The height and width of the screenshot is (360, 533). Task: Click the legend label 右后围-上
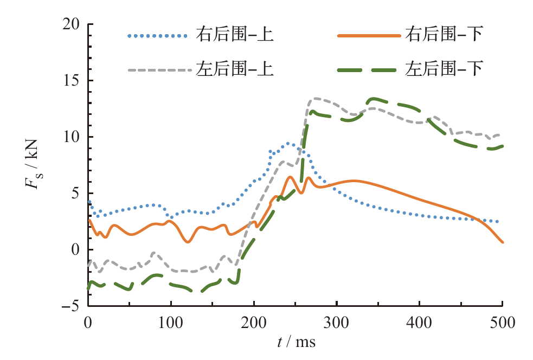[234, 36]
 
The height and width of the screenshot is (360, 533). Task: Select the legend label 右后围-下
[444, 36]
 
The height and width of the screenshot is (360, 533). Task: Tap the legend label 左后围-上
[234, 69]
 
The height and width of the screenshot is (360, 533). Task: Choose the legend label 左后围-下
[444, 69]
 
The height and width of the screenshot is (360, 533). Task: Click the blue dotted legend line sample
[157, 36]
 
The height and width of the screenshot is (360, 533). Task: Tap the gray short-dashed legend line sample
[157, 69]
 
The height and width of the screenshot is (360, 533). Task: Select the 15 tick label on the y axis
[70, 81]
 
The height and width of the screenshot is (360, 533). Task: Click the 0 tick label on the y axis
[74, 250]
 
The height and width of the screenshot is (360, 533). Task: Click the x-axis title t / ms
[295, 343]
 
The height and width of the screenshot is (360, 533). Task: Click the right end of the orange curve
[503, 242]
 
